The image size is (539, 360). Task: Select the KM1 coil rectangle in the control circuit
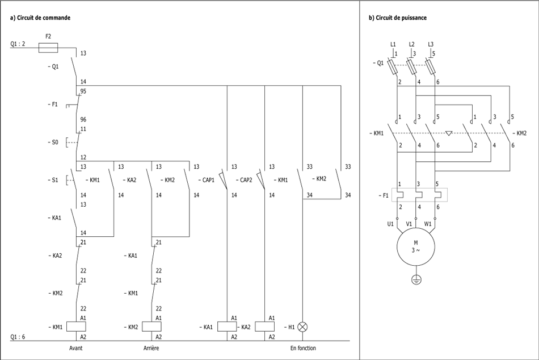(x=75, y=326)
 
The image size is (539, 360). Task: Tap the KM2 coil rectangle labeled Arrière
(x=151, y=326)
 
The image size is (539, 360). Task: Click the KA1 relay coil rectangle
(x=227, y=326)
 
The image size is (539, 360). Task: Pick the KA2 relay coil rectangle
(x=265, y=326)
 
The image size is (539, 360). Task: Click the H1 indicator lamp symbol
(x=303, y=326)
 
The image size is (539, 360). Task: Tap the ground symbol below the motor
(x=416, y=280)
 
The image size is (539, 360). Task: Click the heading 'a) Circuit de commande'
(x=40, y=18)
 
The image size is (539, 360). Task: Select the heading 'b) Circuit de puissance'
(x=398, y=18)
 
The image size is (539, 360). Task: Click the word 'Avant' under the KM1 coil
(x=75, y=348)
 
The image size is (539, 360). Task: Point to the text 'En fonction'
(x=303, y=348)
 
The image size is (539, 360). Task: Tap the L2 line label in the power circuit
(x=412, y=44)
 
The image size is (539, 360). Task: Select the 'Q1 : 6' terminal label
(x=18, y=337)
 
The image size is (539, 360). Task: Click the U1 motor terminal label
(x=390, y=224)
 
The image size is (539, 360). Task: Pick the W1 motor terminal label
(x=428, y=224)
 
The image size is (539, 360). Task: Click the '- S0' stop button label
(x=53, y=142)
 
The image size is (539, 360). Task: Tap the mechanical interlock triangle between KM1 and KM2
(x=449, y=133)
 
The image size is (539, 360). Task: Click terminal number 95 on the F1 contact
(x=83, y=91)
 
